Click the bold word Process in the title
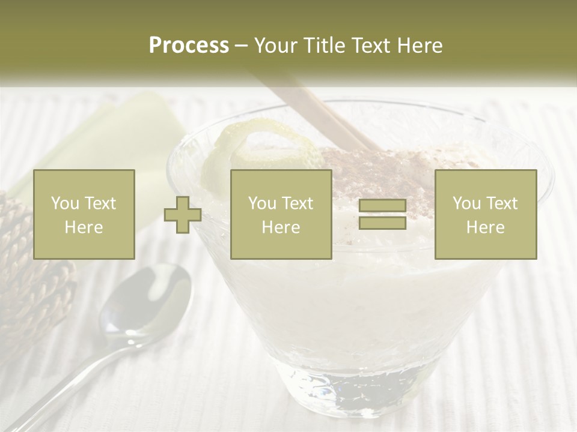click(x=189, y=46)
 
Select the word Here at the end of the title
click(x=419, y=46)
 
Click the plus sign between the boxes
click(x=183, y=215)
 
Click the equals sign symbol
click(x=382, y=214)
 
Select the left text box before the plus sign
click(x=84, y=214)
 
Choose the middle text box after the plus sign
click(x=281, y=214)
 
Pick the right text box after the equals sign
click(x=486, y=214)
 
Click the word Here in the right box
click(x=486, y=227)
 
